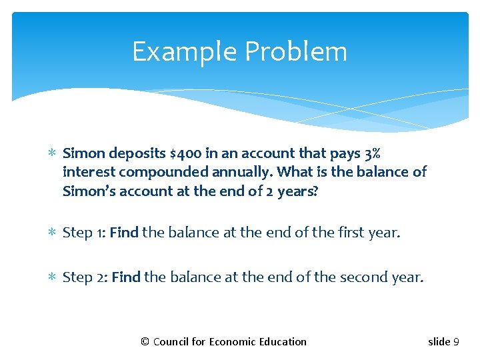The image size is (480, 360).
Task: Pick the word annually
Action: point(242,172)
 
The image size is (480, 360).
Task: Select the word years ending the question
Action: point(299,191)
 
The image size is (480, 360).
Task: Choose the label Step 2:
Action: point(85,276)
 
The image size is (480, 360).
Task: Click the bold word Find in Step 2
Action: point(125,276)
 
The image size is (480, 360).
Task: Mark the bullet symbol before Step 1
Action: point(53,233)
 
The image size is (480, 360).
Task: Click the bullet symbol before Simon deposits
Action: point(53,153)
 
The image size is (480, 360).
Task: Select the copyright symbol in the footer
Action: point(145,342)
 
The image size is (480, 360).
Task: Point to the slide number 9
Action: point(456,342)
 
